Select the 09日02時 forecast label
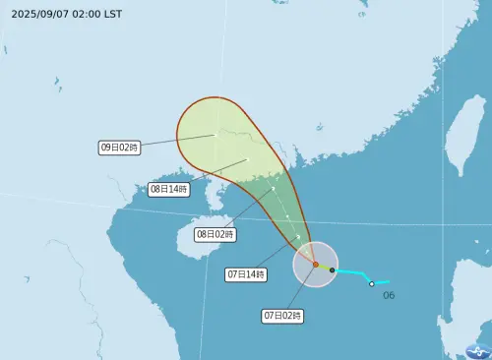coord(120,147)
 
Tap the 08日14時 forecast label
coord(168,189)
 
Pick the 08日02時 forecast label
coord(215,234)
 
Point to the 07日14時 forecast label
coord(246,274)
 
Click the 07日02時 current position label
coord(282,316)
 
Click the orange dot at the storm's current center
coord(315,265)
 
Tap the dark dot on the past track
coord(333,270)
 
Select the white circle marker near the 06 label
coord(371,284)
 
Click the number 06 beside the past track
coord(388,295)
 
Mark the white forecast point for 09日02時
coord(215,135)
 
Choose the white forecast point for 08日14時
coord(248,159)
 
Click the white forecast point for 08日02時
coord(273,189)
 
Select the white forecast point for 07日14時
coord(297,237)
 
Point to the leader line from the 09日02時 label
coord(177,141)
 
